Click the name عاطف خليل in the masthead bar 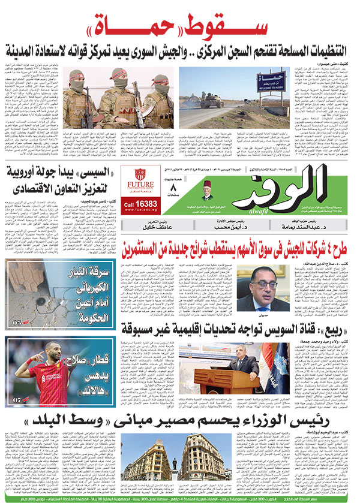tap(146, 228)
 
